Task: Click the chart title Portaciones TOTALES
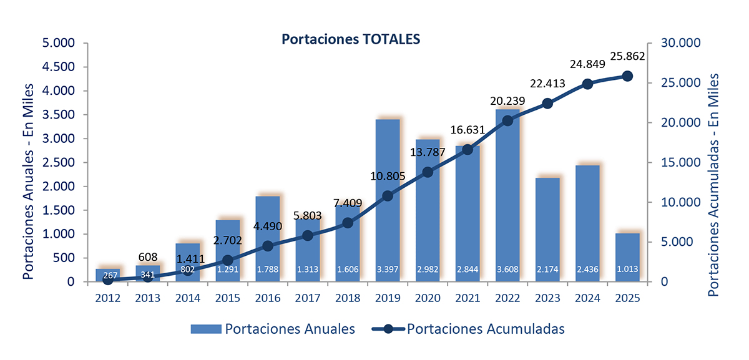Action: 351,39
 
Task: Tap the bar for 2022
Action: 507,200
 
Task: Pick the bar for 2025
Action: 627,256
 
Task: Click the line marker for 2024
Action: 587,84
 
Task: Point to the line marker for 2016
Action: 267,246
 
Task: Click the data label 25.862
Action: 627,56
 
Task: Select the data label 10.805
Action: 387,176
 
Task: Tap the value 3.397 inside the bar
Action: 387,270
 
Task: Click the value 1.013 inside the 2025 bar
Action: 627,270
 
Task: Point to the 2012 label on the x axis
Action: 107,298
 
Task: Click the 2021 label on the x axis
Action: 467,298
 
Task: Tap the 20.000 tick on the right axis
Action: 677,123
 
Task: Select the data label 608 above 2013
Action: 147,257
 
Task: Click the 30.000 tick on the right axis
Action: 677,44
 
